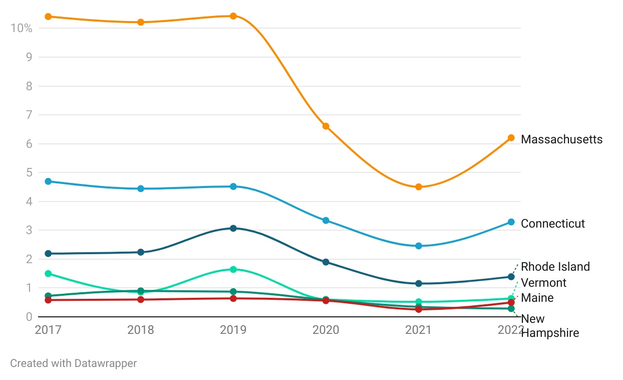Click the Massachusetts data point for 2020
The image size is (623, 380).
pyautogui.click(x=326, y=126)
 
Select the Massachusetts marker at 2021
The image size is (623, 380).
pyautogui.click(x=419, y=187)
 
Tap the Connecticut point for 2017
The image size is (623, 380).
pyautogui.click(x=48, y=181)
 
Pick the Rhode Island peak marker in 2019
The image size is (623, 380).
pyautogui.click(x=233, y=229)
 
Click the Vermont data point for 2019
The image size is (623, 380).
pyautogui.click(x=233, y=269)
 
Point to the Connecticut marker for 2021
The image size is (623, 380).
pyautogui.click(x=419, y=246)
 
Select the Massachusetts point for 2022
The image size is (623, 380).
pyautogui.click(x=511, y=138)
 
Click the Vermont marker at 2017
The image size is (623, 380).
pyautogui.click(x=48, y=274)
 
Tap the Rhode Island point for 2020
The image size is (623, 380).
pyautogui.click(x=326, y=262)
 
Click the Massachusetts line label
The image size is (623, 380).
pyautogui.click(x=561, y=139)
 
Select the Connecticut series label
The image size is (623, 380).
pyautogui.click(x=552, y=224)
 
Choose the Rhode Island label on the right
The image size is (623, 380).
pyautogui.click(x=555, y=267)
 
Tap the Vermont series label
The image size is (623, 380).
pyautogui.click(x=543, y=283)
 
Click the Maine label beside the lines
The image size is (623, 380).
pyautogui.click(x=537, y=298)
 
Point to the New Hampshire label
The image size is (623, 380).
pyautogui.click(x=549, y=326)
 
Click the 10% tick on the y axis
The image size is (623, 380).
pyautogui.click(x=21, y=28)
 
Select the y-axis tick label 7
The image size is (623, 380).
pyautogui.click(x=29, y=115)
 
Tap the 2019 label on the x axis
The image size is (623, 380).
pyautogui.click(x=233, y=330)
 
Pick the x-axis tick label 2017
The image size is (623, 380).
pyautogui.click(x=48, y=330)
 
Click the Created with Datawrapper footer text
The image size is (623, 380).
pyautogui.click(x=74, y=363)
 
